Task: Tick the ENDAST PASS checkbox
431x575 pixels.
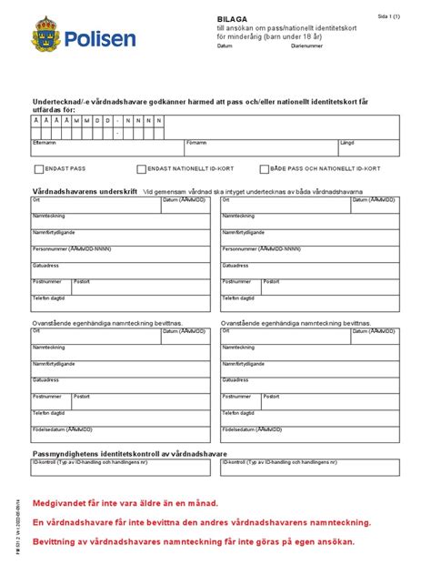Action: (38, 169)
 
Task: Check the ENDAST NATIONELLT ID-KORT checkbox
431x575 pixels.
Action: (141, 169)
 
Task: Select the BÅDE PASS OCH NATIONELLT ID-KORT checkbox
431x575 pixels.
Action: (265, 169)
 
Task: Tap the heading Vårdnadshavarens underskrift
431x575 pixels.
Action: (85, 191)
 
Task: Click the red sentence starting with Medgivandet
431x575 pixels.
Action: (125, 503)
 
